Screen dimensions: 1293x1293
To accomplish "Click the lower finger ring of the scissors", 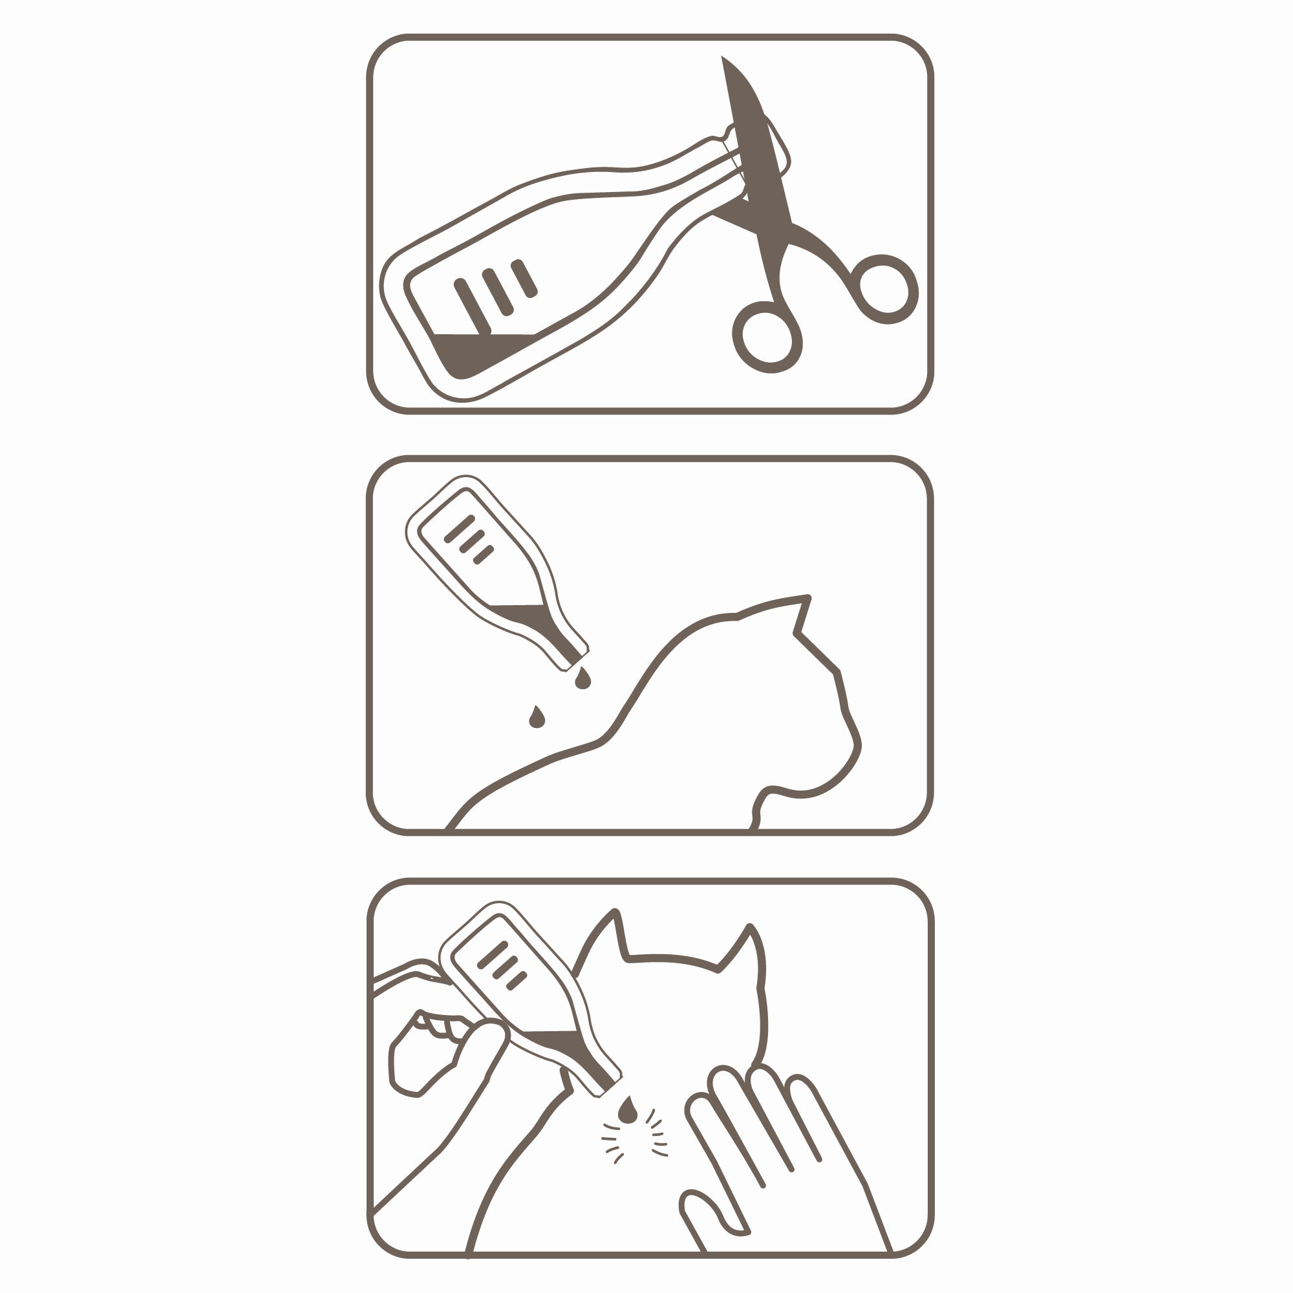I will coord(767,337).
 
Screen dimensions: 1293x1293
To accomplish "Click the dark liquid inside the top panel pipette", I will coord(469,353).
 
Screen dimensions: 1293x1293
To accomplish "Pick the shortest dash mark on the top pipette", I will coord(525,279).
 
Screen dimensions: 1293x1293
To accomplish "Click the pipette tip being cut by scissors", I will coord(740,160).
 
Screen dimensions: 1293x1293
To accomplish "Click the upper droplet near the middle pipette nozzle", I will coord(583,679).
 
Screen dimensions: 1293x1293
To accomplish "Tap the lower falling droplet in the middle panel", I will coord(537,718).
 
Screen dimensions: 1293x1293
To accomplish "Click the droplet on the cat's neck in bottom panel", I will coord(628,1111).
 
